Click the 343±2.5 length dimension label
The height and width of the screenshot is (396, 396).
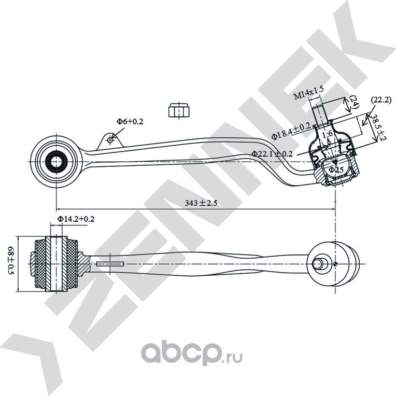[200, 203]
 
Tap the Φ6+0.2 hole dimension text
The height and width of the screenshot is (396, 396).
[130, 121]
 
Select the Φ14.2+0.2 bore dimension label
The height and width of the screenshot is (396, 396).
[76, 219]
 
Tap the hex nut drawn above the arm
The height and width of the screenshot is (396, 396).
[179, 110]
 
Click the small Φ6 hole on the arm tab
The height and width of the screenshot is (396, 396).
[110, 140]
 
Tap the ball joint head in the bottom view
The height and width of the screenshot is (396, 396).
[335, 262]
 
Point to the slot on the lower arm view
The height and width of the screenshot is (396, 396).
[110, 264]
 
